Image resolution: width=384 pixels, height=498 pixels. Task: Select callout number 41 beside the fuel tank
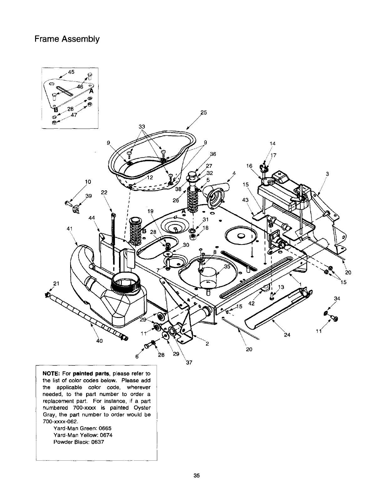point(70,228)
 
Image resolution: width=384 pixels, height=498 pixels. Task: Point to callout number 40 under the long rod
point(100,341)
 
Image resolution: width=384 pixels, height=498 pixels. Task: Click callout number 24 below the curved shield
point(287,335)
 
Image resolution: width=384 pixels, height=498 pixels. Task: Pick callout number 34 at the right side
point(337,298)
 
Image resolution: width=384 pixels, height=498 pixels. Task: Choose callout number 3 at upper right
point(327,174)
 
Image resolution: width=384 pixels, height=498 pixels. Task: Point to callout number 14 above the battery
point(272,144)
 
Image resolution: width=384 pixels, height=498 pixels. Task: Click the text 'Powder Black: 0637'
point(79,442)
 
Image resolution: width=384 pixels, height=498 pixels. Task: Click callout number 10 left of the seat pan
point(88,181)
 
